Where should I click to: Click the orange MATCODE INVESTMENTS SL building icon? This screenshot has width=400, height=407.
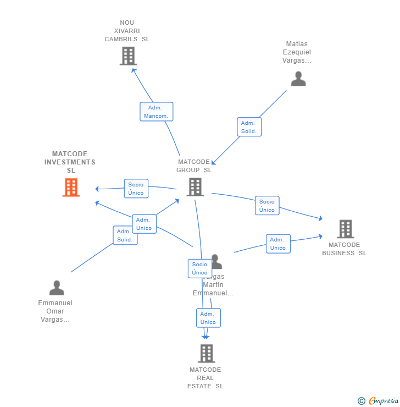(71, 188)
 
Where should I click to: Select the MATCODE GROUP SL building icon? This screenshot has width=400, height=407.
(195, 187)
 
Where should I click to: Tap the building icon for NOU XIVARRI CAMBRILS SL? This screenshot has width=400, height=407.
(128, 56)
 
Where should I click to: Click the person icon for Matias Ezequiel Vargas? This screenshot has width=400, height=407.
(298, 79)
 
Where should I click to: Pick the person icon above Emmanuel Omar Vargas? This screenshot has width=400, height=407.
(57, 288)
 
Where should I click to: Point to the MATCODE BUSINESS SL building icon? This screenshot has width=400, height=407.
(345, 229)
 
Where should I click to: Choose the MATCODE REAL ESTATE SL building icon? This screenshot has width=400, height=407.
(206, 354)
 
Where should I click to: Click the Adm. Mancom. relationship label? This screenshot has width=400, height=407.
(157, 112)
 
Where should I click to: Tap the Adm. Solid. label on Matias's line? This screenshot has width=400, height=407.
(249, 127)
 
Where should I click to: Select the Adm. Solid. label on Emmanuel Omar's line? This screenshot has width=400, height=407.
(125, 235)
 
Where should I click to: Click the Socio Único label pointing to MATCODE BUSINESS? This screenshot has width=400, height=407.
(267, 206)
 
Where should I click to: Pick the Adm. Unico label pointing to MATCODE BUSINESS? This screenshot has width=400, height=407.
(278, 244)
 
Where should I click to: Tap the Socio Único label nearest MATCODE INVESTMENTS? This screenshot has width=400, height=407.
(136, 189)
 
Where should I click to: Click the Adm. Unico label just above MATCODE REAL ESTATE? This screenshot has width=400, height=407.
(208, 318)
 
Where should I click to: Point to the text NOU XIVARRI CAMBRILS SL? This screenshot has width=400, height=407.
(127, 31)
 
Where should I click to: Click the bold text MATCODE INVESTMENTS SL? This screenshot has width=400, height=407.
(70, 162)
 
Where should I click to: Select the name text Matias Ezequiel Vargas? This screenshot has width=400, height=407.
(297, 52)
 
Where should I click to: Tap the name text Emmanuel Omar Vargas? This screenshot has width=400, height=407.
(55, 311)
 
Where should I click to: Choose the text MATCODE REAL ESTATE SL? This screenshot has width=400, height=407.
(205, 378)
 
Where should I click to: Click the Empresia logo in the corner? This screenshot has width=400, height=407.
(378, 401)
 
